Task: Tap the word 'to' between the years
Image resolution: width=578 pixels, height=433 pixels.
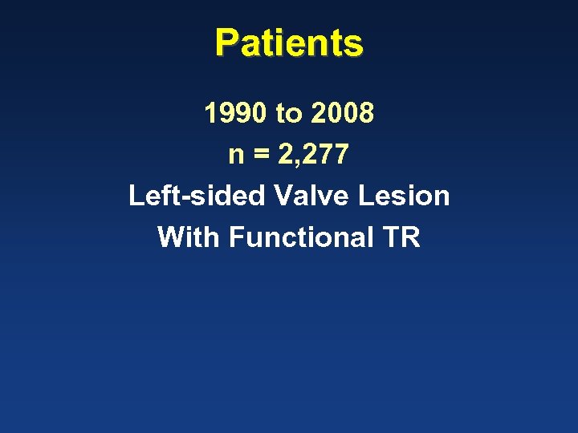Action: tap(287, 115)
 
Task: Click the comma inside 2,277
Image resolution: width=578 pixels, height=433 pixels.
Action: tap(296, 162)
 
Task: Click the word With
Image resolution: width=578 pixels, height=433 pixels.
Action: tap(189, 237)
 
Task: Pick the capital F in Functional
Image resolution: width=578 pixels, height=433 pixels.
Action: tap(235, 237)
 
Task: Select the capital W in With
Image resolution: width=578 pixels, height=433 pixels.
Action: tap(171, 237)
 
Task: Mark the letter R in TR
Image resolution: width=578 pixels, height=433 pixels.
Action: tap(410, 237)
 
